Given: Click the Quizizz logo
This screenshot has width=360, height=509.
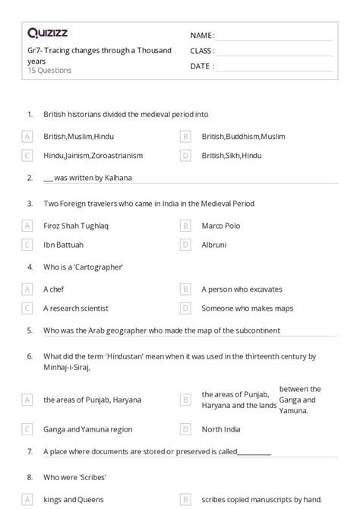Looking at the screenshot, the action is coord(47,33).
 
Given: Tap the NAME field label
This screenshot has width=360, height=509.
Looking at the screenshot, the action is coord(202,36).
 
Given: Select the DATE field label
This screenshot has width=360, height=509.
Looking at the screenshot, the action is coord(201,66).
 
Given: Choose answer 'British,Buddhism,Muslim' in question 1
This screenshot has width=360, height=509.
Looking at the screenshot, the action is coord(243,137).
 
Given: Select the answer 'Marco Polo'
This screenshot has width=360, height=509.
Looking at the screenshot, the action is coord(221,226).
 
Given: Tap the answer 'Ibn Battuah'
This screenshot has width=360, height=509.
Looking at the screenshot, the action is coord(64,245).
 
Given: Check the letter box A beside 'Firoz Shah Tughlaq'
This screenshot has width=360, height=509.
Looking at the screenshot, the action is coord(27,226).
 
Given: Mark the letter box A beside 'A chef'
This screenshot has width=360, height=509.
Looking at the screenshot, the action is coord(27,289).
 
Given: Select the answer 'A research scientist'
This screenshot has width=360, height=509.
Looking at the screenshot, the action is coord(76,308).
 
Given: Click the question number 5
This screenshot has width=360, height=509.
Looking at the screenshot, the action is coord(30,330).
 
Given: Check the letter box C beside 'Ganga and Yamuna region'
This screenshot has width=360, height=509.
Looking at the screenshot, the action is coord(27,429).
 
